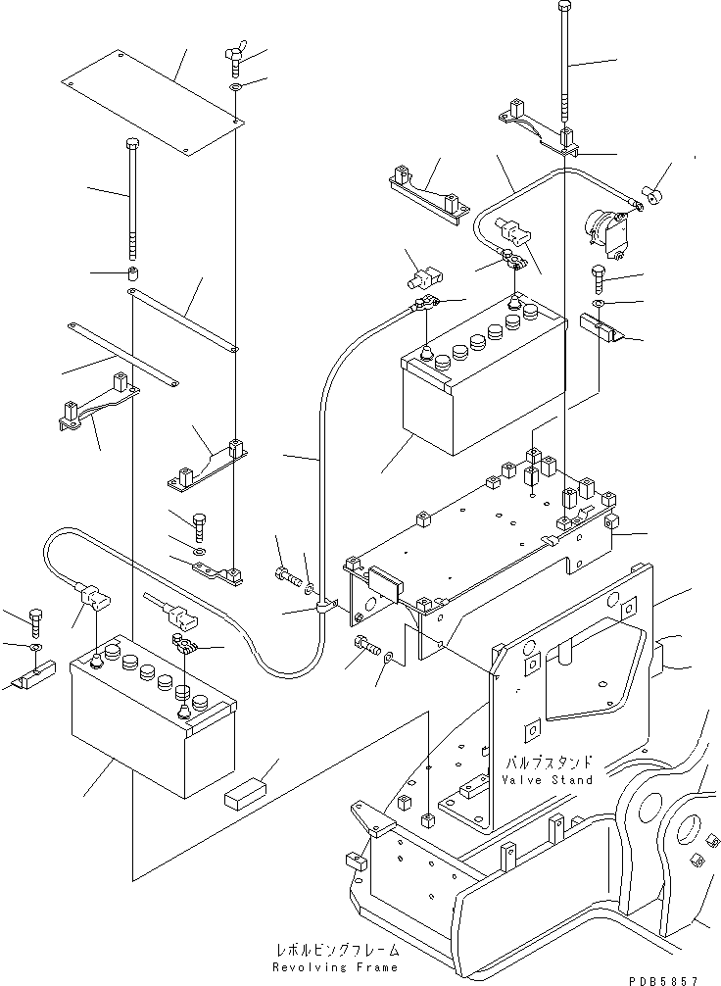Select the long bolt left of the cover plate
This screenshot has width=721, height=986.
pos(133,201)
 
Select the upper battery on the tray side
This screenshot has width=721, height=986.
pos(483,377)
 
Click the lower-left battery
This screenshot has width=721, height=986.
pos(152,720)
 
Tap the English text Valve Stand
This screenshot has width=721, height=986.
pos(547,780)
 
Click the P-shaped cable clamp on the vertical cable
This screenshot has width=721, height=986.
pos(321,610)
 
